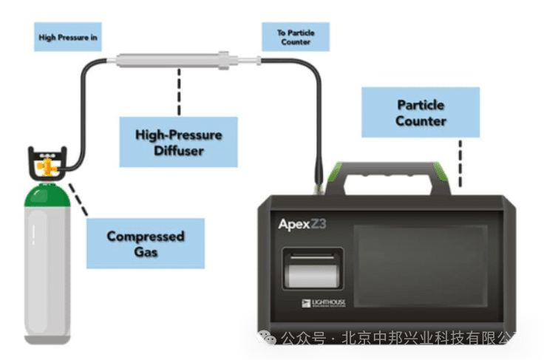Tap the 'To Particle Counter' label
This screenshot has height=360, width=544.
[296, 37]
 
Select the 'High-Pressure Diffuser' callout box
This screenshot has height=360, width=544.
[179, 142]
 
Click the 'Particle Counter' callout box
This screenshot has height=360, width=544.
[421, 112]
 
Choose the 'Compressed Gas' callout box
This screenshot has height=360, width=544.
[145, 243]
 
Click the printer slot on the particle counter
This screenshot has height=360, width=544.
[313, 270]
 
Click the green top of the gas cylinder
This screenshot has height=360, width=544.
[47, 195]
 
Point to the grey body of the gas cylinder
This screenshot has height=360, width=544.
[48, 274]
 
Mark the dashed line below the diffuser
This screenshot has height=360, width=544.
[178, 91]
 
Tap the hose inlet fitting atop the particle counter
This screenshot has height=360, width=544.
[319, 181]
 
